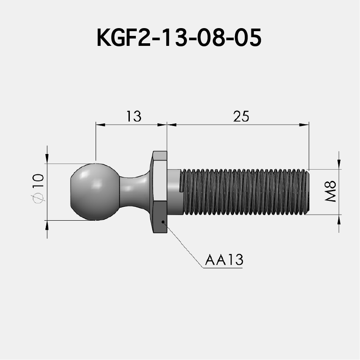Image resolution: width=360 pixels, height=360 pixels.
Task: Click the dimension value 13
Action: pyautogui.click(x=134, y=116)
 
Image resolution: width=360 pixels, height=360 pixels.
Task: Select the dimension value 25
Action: pyautogui.click(x=241, y=116)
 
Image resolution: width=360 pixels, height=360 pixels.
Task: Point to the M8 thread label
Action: pyautogui.click(x=331, y=191)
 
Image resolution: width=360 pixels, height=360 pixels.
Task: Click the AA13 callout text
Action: pyautogui.click(x=224, y=260)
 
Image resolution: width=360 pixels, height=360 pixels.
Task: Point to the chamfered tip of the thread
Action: pyautogui.click(x=308, y=191)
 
